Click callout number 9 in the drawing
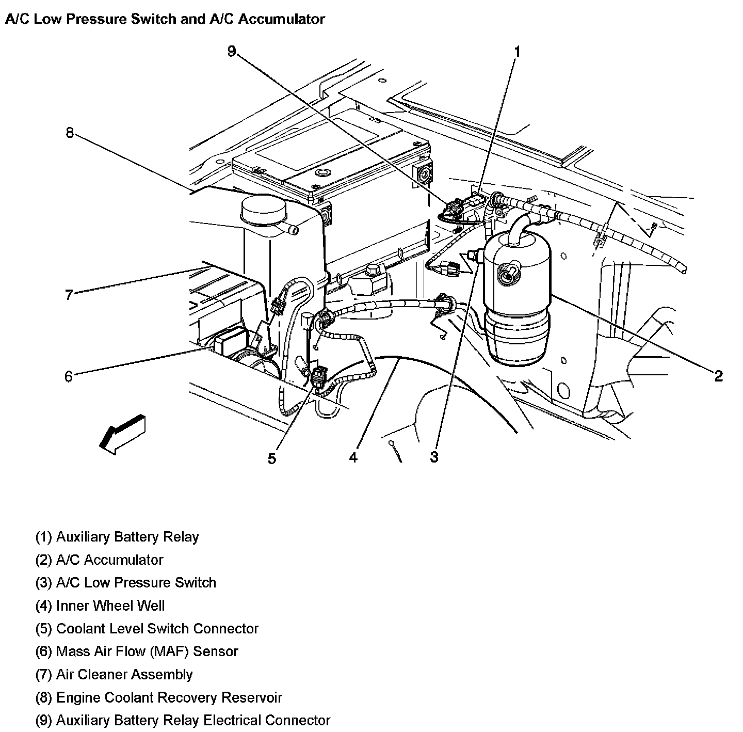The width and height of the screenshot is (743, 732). [x=232, y=51]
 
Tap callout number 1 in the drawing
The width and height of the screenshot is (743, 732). [x=517, y=52]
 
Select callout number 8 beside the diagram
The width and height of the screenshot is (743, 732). [x=70, y=133]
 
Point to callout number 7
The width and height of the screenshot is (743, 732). [x=69, y=295]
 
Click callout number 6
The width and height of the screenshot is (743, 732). [x=69, y=376]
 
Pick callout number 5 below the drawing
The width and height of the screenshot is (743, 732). [x=272, y=458]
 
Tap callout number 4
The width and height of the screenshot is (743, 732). [x=353, y=457]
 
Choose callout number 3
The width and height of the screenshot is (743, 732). [x=434, y=457]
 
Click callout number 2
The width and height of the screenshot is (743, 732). [x=718, y=376]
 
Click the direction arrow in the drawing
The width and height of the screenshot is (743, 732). [x=122, y=433]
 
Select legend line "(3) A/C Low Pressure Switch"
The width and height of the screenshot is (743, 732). [x=125, y=583]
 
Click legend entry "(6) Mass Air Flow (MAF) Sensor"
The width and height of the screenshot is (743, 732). [x=137, y=651]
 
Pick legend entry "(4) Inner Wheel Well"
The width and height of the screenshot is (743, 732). [x=100, y=606]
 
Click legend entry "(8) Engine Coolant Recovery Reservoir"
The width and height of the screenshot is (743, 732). [x=158, y=697]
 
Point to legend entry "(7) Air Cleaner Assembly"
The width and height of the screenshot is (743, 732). [x=114, y=674]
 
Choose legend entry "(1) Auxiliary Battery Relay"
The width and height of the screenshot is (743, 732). [x=117, y=537]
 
